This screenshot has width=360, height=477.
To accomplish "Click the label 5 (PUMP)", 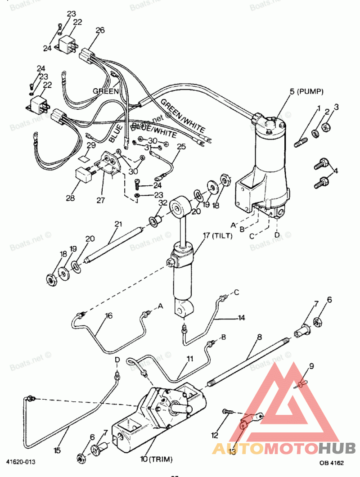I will [x=306, y=92].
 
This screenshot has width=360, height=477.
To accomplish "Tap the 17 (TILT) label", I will [x=217, y=235].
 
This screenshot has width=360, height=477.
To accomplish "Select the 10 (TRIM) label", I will [x=156, y=459].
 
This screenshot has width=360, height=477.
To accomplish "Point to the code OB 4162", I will [x=331, y=462].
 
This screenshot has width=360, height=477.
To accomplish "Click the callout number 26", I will [x=100, y=31].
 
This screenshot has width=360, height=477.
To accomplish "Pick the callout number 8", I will [x=260, y=337].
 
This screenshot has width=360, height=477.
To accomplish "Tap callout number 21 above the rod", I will [x=118, y=224].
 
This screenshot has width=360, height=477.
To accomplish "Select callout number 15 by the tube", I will [x=57, y=449].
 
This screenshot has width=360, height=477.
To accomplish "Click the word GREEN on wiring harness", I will [x=106, y=91].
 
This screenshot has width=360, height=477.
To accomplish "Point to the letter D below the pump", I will [x=276, y=235].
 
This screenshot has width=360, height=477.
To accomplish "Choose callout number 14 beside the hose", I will [x=241, y=318].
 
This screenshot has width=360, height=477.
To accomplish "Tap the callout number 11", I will [x=190, y=359].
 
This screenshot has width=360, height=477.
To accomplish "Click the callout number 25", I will [x=181, y=147].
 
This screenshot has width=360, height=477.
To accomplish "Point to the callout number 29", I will [x=91, y=145].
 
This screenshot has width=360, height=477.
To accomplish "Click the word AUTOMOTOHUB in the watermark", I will [x=283, y=448].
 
